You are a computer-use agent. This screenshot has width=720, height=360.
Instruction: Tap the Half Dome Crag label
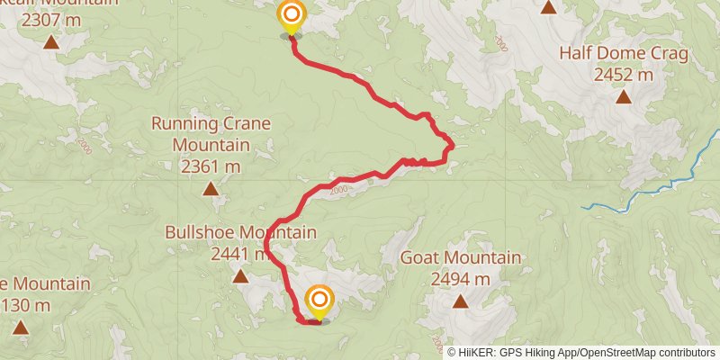[x=624, y=54]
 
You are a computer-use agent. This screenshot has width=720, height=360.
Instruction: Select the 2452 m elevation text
[x=624, y=75]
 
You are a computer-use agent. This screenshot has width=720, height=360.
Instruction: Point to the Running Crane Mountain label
[x=211, y=133]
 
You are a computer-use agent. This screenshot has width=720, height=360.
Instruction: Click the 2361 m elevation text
[x=211, y=166]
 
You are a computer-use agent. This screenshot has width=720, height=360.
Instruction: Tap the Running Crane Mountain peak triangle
[x=211, y=188]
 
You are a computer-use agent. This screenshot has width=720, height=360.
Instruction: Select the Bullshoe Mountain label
[x=240, y=233]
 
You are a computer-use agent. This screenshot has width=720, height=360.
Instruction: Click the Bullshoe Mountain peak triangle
[x=240, y=275]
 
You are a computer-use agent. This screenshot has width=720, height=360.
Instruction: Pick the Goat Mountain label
[x=461, y=258]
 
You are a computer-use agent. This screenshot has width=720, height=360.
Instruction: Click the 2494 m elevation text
[x=461, y=279]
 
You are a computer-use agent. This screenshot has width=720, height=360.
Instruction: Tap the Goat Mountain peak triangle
[x=461, y=301]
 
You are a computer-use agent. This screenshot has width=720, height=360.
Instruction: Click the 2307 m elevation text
[x=51, y=20]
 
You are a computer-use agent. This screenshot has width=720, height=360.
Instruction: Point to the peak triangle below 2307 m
[x=51, y=41]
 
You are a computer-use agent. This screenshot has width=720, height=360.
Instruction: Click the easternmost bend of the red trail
[x=451, y=145]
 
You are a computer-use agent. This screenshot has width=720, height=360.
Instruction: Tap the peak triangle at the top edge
[x=548, y=8]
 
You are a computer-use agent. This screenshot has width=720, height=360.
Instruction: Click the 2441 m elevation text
[x=238, y=255]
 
